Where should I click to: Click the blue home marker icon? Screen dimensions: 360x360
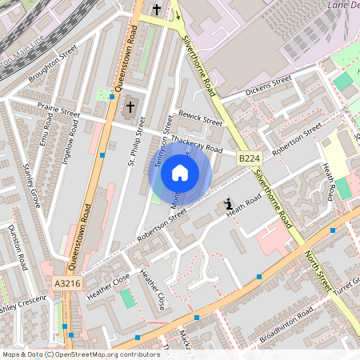click(x=180, y=173)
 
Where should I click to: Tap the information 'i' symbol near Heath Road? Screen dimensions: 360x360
click(x=229, y=204)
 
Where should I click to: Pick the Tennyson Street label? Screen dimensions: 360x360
click(x=163, y=140)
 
